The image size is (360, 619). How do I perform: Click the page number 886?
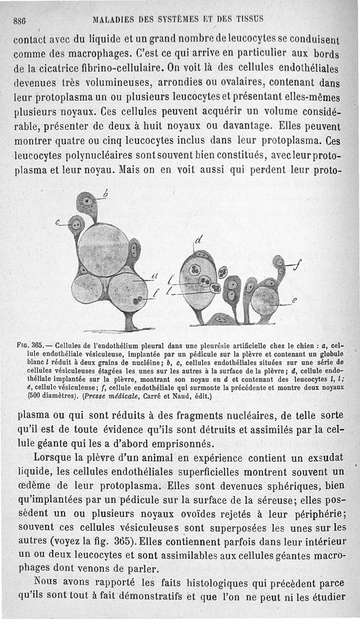[20, 19]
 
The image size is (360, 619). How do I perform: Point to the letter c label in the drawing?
[58, 222]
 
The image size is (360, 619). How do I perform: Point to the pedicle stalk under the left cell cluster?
[130, 321]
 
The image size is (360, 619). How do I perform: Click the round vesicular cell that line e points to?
[265, 300]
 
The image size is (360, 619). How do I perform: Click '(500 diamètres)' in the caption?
[50, 397]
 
